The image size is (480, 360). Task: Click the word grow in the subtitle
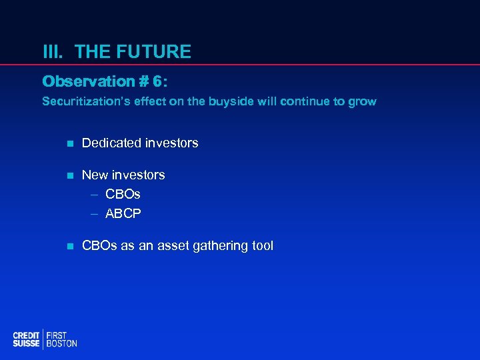tap(363, 102)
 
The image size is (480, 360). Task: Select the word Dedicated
tap(110, 143)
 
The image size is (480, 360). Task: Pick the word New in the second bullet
tap(94, 175)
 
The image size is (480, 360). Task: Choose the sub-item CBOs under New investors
tap(123, 194)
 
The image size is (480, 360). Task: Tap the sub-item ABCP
tap(123, 213)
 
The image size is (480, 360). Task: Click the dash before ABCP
tap(95, 214)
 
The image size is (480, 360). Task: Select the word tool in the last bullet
tap(261, 245)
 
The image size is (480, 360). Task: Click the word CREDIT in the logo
tap(26, 335)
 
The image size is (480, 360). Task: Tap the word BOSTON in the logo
tap(61, 343)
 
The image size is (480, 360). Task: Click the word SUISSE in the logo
tap(26, 343)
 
